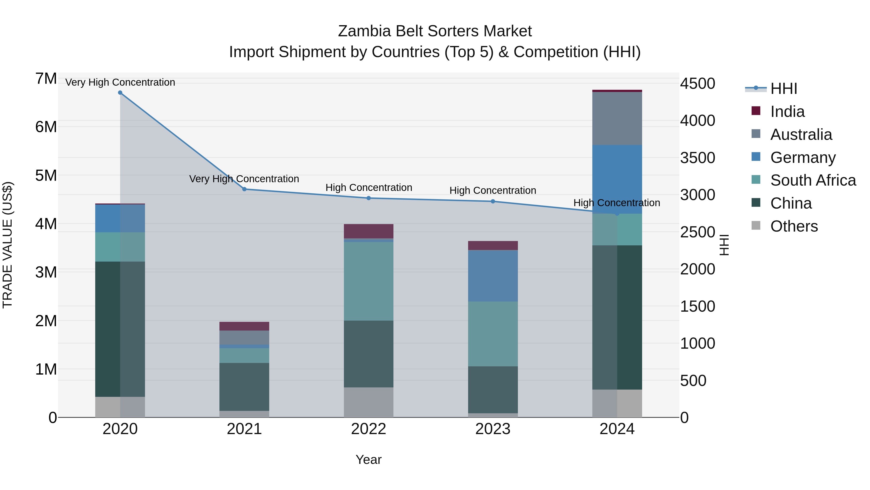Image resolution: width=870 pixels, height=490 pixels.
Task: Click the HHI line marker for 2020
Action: click(x=120, y=93)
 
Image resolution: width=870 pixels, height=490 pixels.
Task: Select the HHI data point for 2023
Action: click(x=493, y=202)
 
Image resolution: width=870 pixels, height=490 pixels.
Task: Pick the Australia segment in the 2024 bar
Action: click(x=617, y=118)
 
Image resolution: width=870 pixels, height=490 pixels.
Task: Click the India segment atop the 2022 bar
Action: click(x=369, y=231)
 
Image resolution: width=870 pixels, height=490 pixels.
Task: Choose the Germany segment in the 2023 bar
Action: click(x=493, y=276)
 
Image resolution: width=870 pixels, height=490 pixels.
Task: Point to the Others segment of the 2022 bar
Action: click(x=369, y=402)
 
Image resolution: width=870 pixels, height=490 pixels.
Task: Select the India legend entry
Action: click(x=787, y=112)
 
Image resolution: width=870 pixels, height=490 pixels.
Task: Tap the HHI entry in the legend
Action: click(x=783, y=89)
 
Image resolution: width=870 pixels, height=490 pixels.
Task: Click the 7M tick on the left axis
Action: click(x=46, y=79)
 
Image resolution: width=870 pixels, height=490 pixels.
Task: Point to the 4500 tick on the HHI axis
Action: click(x=697, y=83)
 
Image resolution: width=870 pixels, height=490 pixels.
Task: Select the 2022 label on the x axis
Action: click(x=369, y=429)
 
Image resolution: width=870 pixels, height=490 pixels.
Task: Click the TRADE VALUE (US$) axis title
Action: click(x=8, y=245)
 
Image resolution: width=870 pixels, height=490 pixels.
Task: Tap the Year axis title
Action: click(x=369, y=460)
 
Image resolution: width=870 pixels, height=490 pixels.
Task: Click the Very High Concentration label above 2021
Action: click(x=244, y=179)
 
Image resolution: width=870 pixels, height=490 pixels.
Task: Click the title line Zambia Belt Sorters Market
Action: click(x=435, y=31)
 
